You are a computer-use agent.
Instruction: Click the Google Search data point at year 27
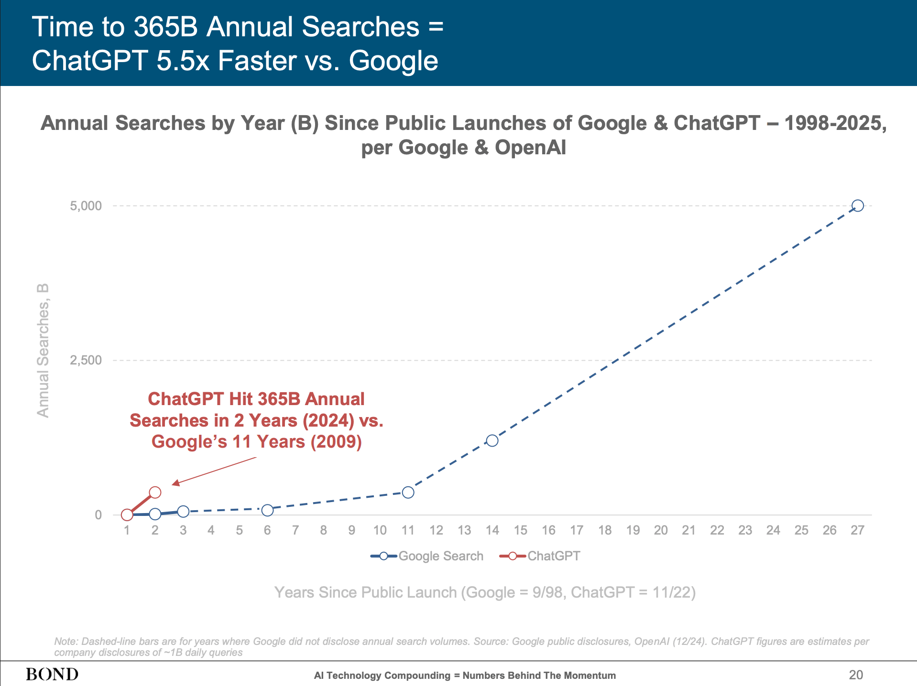point(858,205)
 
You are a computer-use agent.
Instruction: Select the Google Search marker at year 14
point(492,440)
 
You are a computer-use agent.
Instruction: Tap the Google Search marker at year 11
point(408,492)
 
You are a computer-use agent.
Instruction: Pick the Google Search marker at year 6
point(267,510)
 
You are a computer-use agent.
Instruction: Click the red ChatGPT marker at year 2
point(155,492)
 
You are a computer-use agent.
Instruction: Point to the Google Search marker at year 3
point(183,511)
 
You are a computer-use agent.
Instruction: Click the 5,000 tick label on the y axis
point(86,206)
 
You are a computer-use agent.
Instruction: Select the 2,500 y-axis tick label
point(86,360)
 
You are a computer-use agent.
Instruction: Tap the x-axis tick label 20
point(661,530)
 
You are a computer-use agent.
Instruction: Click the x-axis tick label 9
point(351,530)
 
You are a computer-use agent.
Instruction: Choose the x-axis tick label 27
point(857,530)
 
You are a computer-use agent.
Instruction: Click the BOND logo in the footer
point(52,675)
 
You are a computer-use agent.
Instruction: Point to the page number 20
point(856,675)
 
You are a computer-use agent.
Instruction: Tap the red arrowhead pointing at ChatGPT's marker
point(176,483)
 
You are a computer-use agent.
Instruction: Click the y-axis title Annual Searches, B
point(43,351)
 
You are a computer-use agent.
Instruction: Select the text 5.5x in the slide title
point(183,61)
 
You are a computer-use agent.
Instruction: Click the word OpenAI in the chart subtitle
point(530,147)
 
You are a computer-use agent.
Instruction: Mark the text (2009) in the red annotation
point(336,441)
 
